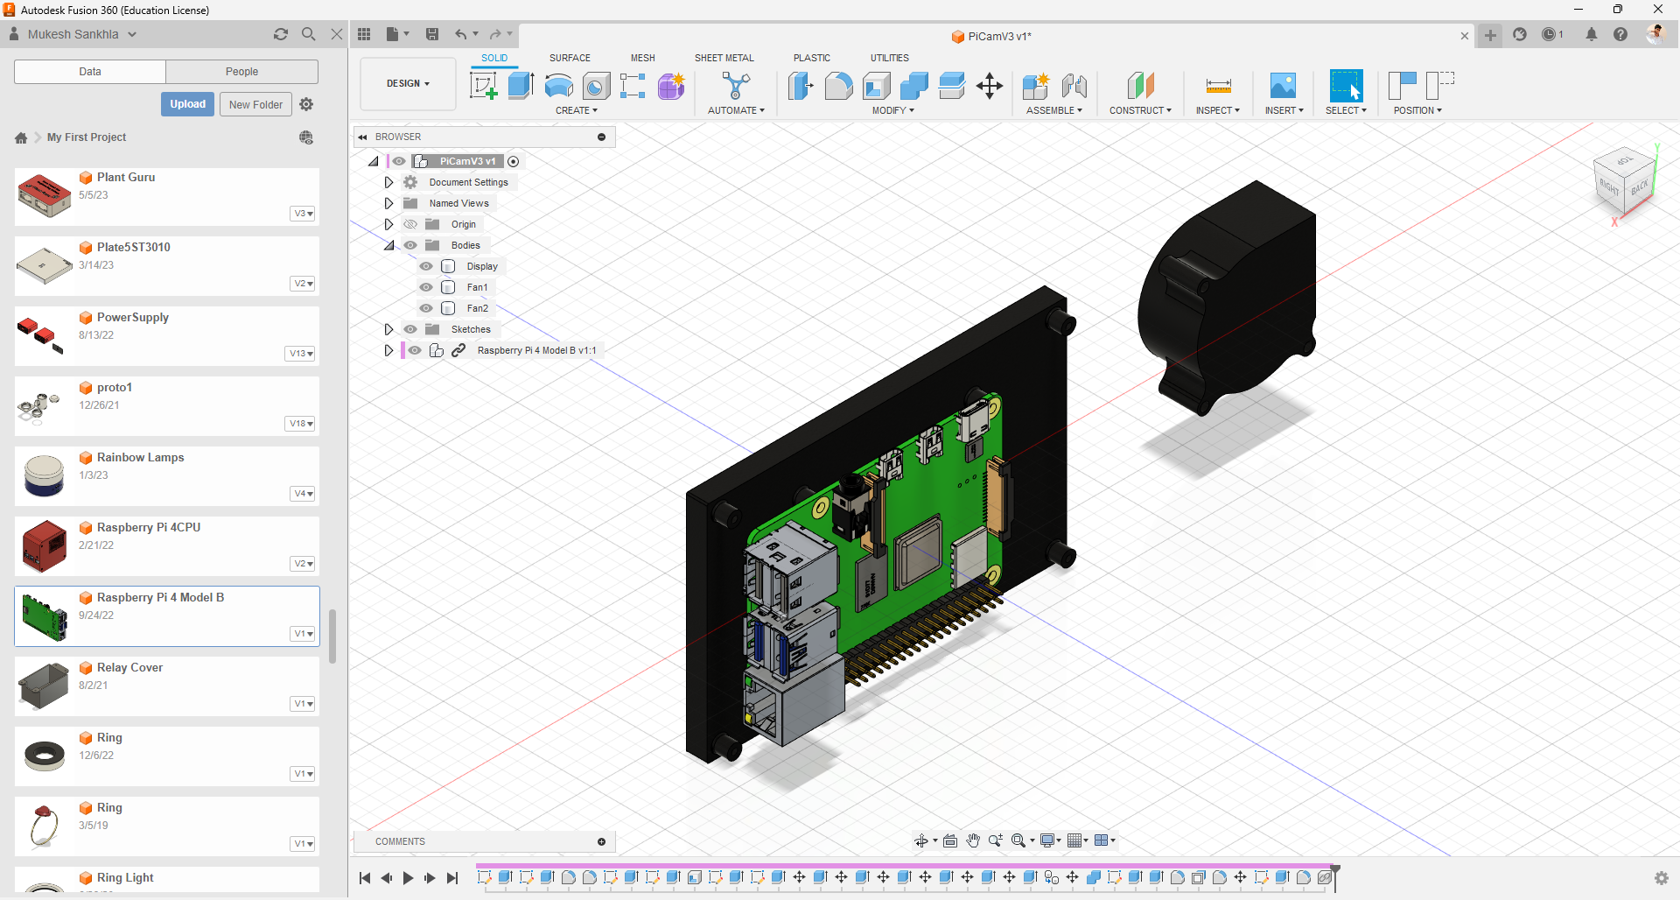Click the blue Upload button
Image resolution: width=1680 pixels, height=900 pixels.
tap(187, 104)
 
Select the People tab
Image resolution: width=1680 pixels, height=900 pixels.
tap(241, 72)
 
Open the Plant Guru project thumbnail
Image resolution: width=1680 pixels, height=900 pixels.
tap(44, 195)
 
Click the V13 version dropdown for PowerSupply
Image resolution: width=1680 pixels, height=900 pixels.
tap(300, 354)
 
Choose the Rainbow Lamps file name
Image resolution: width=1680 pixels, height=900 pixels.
tap(140, 458)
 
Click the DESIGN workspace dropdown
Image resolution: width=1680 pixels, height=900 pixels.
tap(408, 84)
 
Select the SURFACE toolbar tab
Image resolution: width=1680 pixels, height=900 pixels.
tap(570, 58)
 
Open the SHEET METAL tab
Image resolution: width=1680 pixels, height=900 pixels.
tap(724, 58)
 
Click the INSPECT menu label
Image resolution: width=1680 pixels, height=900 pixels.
tap(1217, 110)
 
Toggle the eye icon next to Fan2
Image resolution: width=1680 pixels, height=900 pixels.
tap(426, 308)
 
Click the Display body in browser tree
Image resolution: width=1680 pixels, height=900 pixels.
tap(481, 266)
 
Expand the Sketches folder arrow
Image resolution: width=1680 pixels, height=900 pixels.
tap(388, 329)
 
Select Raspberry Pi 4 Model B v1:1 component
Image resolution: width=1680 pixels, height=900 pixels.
tap(535, 350)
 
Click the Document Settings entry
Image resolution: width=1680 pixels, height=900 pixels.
tap(468, 182)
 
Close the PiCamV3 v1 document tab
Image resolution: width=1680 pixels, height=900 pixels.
tap(1464, 36)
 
